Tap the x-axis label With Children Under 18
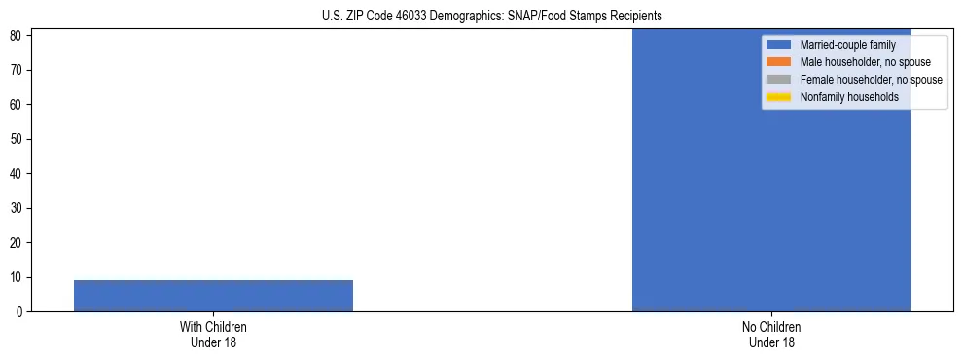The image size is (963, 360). tap(213, 335)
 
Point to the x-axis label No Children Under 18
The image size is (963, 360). tap(771, 335)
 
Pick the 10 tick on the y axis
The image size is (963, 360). tap(18, 277)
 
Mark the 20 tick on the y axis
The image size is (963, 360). tap(18, 243)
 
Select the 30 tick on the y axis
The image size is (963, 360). tap(18, 208)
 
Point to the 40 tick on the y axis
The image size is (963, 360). tap(18, 174)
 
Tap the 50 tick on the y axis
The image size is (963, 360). tap(18, 139)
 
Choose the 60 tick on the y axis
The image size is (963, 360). tap(18, 105)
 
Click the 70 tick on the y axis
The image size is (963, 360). tap(18, 70)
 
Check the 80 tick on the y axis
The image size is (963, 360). tap(18, 36)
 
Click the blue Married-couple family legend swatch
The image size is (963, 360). tap(779, 45)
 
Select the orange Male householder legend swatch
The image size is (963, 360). tap(779, 62)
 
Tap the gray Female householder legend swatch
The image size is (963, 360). tap(779, 80)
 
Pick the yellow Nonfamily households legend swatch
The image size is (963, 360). tap(779, 97)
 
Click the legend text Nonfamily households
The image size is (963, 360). tap(849, 97)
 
